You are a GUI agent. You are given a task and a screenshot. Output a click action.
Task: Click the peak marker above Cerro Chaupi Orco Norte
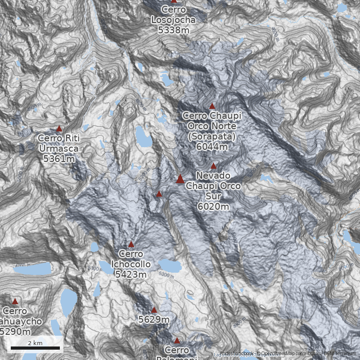click(212, 106)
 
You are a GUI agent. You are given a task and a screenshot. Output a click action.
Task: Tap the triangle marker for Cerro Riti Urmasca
click(59, 129)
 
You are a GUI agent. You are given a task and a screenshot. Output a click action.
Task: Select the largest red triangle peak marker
click(180, 179)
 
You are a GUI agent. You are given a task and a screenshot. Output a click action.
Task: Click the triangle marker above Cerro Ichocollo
click(131, 244)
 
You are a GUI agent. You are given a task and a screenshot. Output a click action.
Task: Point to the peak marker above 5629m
click(154, 310)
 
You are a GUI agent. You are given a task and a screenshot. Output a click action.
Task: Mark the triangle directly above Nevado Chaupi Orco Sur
click(213, 166)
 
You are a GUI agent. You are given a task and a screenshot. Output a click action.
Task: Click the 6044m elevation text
click(211, 146)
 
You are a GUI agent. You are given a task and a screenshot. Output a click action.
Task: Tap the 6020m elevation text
click(213, 206)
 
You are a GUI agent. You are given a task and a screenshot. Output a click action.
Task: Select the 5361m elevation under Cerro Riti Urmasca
click(58, 158)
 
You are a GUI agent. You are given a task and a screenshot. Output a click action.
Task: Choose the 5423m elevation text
click(131, 274)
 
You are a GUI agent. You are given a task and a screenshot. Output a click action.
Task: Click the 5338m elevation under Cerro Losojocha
click(173, 30)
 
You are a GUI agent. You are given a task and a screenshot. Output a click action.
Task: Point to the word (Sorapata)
click(212, 136)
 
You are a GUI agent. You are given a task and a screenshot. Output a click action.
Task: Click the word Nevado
click(213, 175)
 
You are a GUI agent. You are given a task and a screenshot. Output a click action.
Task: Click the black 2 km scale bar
click(35, 348)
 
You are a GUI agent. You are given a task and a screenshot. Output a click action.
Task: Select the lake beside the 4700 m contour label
click(34, 270)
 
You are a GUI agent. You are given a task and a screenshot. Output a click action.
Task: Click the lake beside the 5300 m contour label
click(169, 265)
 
